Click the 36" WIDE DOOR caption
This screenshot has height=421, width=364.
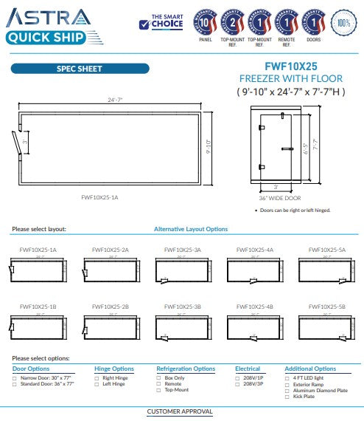click(x=281, y=197)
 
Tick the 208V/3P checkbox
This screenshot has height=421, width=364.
click(x=237, y=383)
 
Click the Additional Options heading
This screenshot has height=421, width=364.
click(x=309, y=369)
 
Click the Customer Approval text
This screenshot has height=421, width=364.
click(x=180, y=411)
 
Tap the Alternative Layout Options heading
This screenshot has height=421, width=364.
click(x=191, y=229)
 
